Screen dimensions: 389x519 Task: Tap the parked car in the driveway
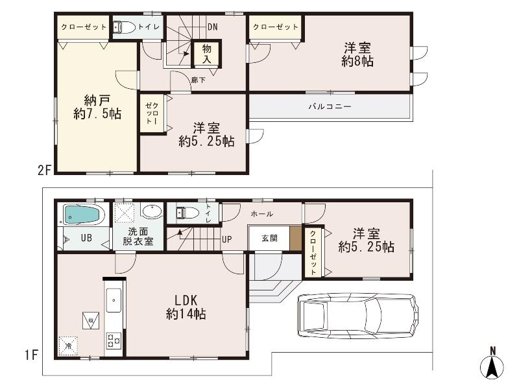pos(356,317)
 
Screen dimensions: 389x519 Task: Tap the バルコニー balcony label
pos(330,106)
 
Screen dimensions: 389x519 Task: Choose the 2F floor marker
pos(44,171)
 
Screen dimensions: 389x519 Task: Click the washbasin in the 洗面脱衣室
pos(152,212)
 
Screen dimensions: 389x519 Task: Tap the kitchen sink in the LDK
pos(114,300)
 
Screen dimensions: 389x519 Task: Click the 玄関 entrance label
pos(270,238)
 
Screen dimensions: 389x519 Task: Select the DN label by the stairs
pos(213,27)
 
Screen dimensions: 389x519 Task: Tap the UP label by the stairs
pos(226,239)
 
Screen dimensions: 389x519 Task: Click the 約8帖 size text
pos(357,62)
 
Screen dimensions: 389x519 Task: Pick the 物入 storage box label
pos(207,54)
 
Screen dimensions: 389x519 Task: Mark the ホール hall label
pos(261,214)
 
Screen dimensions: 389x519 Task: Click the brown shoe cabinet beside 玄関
pos(296,239)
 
